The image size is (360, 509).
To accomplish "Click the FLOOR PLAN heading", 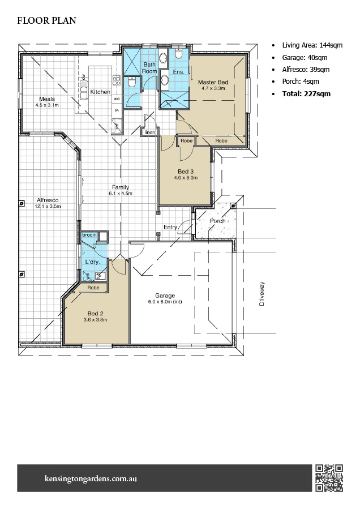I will [x=46, y=21].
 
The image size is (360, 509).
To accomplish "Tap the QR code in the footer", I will [x=329, y=478].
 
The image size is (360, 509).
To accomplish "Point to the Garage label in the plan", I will [x=165, y=296].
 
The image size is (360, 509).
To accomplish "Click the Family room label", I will [x=120, y=187].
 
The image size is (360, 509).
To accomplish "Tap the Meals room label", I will [x=46, y=99].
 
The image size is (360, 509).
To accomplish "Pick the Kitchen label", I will [x=100, y=92].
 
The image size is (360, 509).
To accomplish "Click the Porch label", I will [x=218, y=221].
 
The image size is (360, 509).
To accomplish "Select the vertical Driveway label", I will [x=262, y=294].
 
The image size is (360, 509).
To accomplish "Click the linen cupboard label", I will [x=149, y=132].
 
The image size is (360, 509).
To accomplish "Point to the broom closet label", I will [x=89, y=234].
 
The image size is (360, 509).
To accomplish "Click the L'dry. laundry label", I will [x=92, y=262].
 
